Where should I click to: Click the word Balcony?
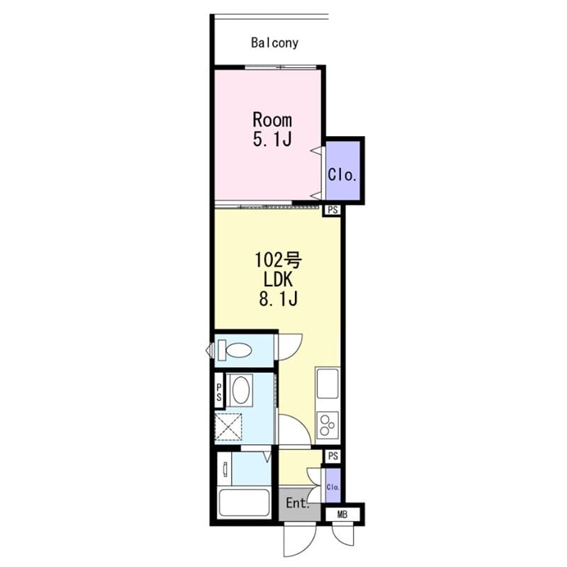[x=274, y=43]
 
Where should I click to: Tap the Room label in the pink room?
[x=272, y=120]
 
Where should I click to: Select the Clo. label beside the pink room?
[x=342, y=174]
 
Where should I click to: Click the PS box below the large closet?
[x=332, y=210]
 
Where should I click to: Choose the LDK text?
[x=278, y=281]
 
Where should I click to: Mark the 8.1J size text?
[x=278, y=300]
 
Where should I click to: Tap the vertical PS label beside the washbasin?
[x=220, y=392]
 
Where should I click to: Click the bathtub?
[x=244, y=503]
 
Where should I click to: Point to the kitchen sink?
[x=329, y=385]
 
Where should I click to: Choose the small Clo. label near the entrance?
[x=332, y=487]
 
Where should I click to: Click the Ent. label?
[x=297, y=504]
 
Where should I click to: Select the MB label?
[x=342, y=515]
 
